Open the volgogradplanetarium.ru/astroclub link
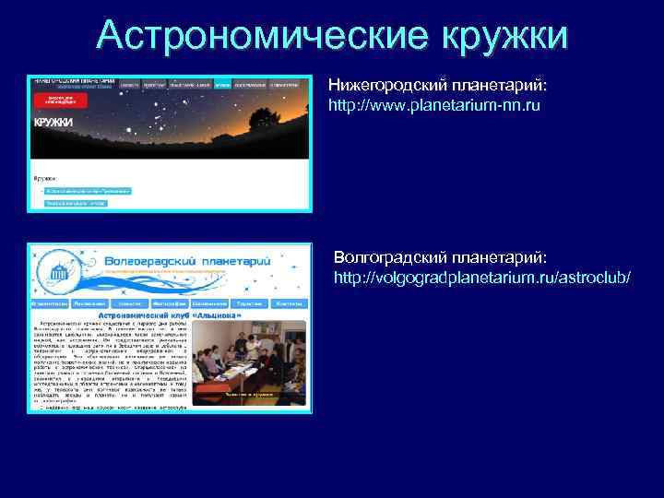[x=482, y=276]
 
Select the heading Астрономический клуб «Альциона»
[x=176, y=314]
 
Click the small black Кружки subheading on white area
[x=44, y=176]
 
